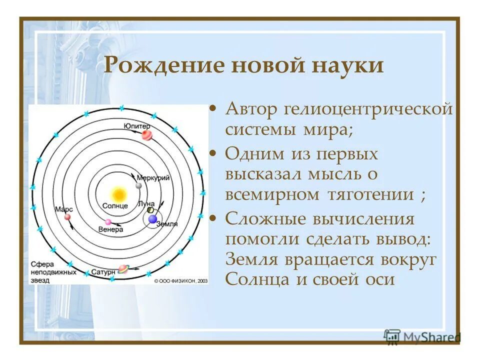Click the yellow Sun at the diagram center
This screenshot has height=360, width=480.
pos(118,193)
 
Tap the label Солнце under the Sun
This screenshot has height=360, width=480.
pos(115,206)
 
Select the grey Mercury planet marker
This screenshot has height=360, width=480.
pos(138,186)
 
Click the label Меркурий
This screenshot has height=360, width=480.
pos(156,178)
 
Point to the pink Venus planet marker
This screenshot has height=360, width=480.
pos(108,222)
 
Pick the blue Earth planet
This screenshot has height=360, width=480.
pos(152,218)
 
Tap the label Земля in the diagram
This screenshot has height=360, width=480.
pos(167,224)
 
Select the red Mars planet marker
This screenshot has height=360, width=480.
pos(66,217)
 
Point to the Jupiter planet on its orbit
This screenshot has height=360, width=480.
pos(146,135)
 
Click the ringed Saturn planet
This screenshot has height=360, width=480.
pos(122,269)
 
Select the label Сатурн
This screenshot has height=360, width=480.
pos(104,273)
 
